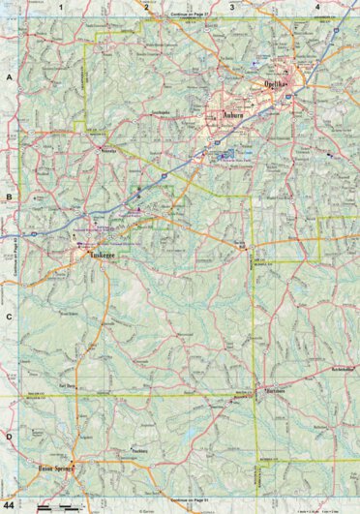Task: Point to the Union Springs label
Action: (x=57, y=466)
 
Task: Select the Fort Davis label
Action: (x=68, y=384)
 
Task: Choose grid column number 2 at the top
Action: (x=146, y=7)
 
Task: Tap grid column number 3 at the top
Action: (x=231, y=7)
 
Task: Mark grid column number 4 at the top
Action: (x=317, y=7)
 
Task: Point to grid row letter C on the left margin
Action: (x=10, y=317)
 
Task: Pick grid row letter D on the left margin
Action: (x=10, y=435)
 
